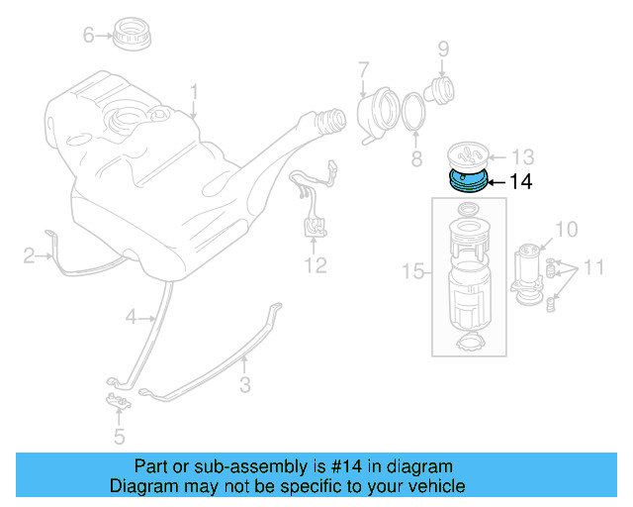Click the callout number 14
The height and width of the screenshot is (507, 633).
521,182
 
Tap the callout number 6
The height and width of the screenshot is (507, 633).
88,36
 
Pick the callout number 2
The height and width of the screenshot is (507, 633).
30,257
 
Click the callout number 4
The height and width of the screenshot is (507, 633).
131,317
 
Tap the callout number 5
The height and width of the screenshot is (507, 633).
119,435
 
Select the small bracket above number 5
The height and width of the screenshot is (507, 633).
118,401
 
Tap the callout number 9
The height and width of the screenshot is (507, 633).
444,48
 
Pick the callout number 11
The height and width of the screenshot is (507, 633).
592,267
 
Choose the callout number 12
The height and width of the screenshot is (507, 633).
315,265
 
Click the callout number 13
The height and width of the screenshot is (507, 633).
521,156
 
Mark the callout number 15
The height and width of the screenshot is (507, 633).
411,270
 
